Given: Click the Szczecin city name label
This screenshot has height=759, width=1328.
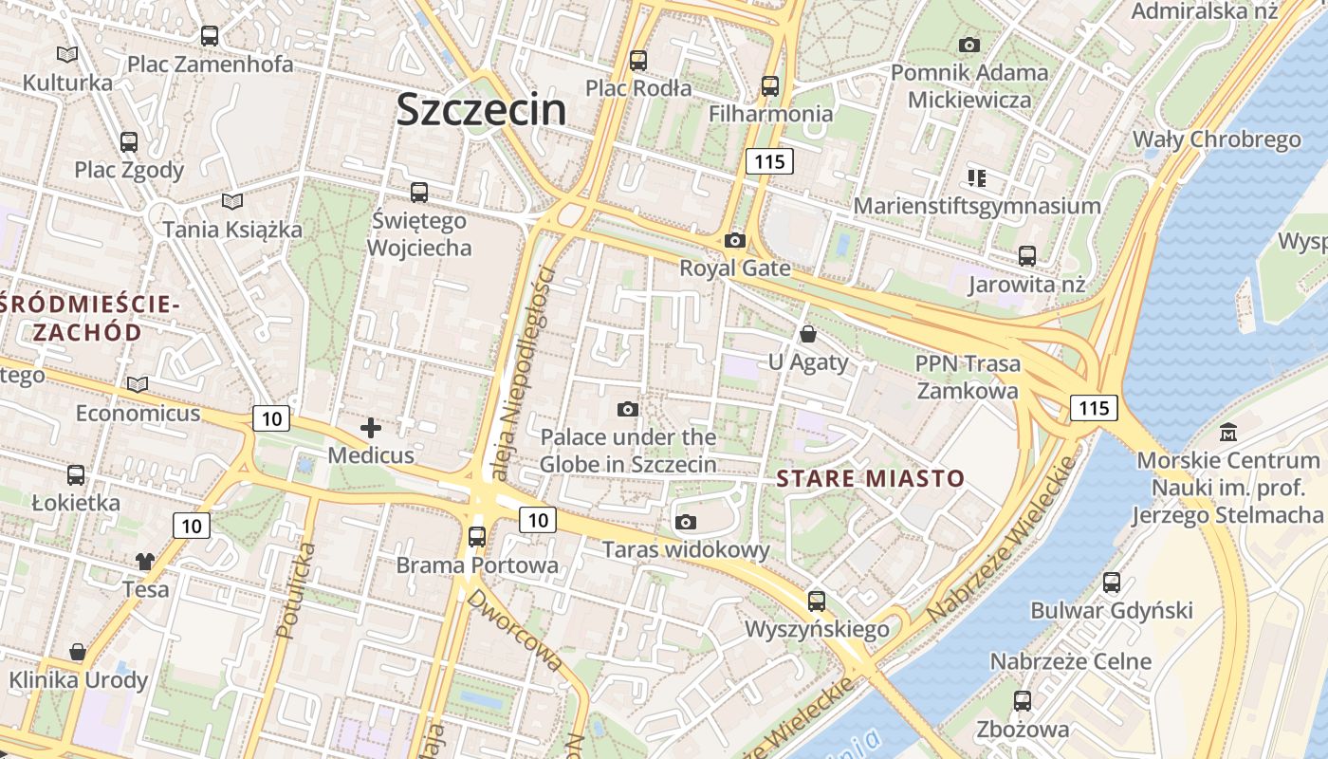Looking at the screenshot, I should pos(481,109).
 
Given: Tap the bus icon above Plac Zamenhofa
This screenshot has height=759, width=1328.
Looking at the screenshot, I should pos(210,36).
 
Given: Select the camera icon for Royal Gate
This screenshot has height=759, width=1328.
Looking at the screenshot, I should pos(734,240).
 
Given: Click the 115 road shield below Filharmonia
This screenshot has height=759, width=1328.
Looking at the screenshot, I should pos(768,161).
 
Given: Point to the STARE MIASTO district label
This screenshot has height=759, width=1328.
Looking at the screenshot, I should pos(870,478).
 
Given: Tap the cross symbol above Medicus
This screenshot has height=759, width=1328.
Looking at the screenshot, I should pos(371,428).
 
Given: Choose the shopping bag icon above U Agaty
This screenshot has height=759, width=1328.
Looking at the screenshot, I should pos(808,334).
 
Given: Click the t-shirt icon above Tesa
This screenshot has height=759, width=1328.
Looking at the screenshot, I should pos(144,561).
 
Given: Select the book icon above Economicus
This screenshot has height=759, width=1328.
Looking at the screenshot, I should pos(138,384).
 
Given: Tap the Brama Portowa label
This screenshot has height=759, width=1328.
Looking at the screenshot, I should pos(477,565).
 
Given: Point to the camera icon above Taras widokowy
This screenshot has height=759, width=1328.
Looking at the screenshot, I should pos(686,522).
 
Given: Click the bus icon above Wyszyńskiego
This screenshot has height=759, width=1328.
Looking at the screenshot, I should pos(817,601).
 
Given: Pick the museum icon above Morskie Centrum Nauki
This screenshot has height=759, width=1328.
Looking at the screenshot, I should pos(1229,433).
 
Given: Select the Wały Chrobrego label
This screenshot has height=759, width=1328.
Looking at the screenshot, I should pos(1217,139).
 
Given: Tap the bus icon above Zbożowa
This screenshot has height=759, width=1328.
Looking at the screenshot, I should pos(1023,701).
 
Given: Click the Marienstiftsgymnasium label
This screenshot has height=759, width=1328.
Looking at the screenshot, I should pos(977,206).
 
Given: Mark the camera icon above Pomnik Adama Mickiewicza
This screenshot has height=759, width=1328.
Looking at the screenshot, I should pos(968,45).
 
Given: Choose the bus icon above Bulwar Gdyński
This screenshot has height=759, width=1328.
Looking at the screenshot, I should pos(1112,582).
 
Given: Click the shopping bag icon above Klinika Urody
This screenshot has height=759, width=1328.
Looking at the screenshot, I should pos(78,652).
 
